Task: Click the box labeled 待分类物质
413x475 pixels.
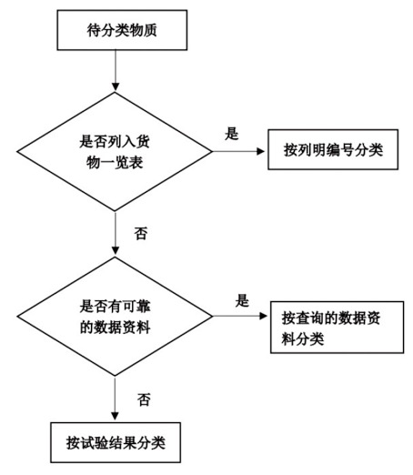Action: pos(122,30)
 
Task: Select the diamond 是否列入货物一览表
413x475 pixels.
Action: pos(115,151)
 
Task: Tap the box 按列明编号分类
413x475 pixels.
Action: pos(333,149)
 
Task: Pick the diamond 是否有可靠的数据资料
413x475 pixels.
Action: pos(115,317)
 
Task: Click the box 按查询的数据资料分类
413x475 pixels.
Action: pos(337,328)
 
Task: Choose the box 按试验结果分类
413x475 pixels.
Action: pos(116,442)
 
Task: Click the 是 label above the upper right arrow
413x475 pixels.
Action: pos(232,134)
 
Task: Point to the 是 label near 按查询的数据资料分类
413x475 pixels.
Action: pos(242,300)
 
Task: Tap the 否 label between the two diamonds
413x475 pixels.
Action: pos(141,234)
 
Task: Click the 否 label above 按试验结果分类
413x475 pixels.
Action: pos(144,399)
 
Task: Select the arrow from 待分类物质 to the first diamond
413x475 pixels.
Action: pos(116,71)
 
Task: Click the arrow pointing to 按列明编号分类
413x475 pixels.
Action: pos(238,151)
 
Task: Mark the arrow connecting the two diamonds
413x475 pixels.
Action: pos(116,233)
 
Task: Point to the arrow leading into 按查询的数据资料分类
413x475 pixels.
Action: pos(240,316)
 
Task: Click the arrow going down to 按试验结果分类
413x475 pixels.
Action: pos(115,399)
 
